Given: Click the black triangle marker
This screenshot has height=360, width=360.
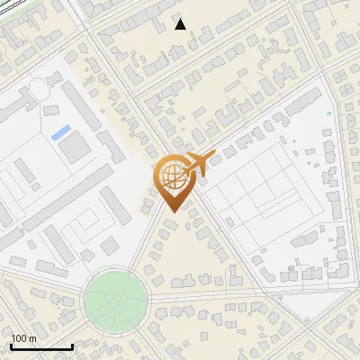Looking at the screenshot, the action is pyautogui.click(x=181, y=24).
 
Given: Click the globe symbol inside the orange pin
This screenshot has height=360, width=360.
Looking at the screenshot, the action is pyautogui.click(x=169, y=175).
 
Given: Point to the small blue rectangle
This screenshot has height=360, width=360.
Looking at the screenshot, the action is pyautogui.click(x=61, y=133).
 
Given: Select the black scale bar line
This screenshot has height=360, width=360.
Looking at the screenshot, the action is pyautogui.click(x=41, y=346).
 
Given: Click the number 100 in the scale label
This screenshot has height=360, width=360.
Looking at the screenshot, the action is pyautogui.click(x=19, y=338).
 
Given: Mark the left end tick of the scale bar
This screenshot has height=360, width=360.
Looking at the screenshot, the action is pyautogui.click(x=11, y=345).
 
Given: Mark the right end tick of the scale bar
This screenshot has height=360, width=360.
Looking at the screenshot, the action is pyautogui.click(x=72, y=345).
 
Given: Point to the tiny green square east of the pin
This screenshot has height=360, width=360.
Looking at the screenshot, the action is pyautogui.click(x=329, y=112).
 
